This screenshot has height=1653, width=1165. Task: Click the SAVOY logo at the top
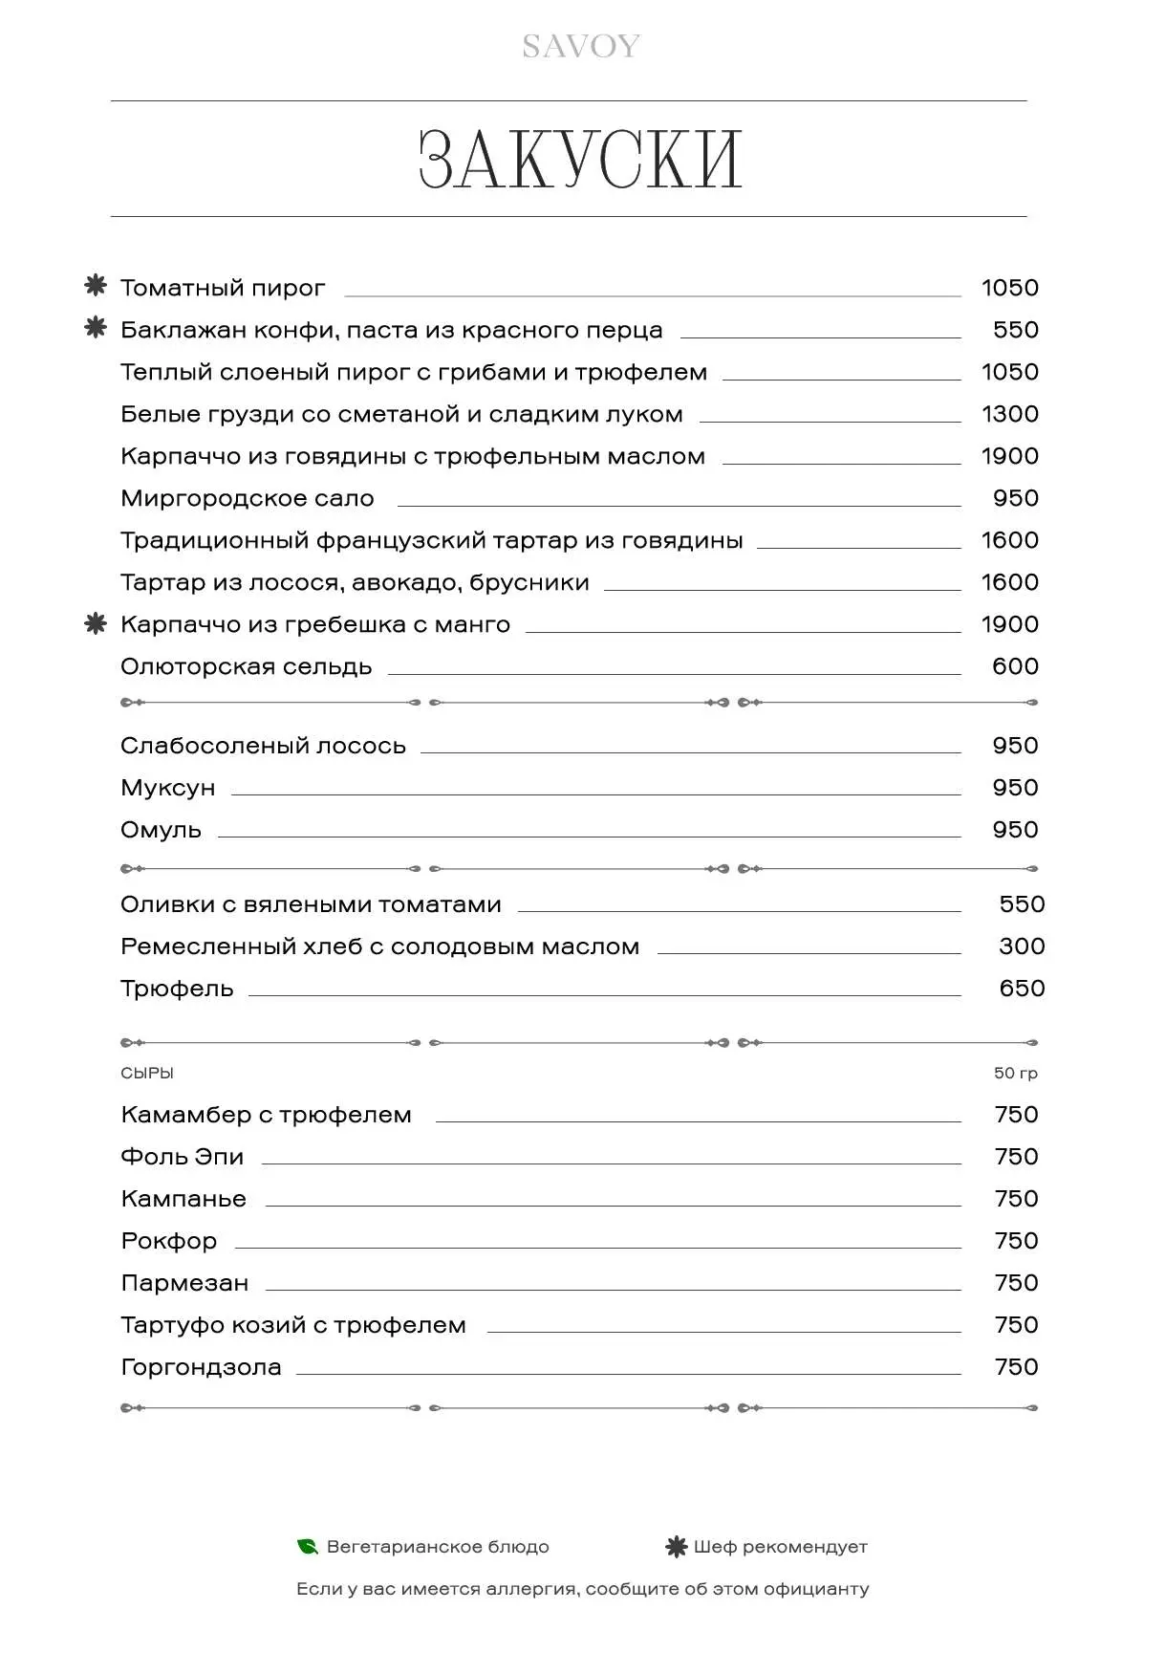[581, 46]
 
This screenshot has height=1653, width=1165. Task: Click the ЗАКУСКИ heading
[581, 160]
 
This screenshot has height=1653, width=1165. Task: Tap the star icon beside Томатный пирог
[96, 286]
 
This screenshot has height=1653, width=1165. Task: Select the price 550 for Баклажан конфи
[1015, 330]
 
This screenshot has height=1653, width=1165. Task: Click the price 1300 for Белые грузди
[1009, 414]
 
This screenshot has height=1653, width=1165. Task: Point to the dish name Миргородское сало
[247, 498]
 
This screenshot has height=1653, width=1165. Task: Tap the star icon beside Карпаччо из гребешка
[96, 623]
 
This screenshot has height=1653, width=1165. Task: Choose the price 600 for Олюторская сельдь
[1015, 666]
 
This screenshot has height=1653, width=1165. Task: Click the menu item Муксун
[168, 788]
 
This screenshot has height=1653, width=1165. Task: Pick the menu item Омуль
[161, 830]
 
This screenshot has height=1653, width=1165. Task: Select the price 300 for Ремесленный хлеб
[1022, 946]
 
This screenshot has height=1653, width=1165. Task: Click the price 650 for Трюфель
[1022, 989]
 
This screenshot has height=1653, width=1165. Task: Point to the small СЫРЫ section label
[147, 1074]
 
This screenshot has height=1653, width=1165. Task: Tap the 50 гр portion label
[1015, 1074]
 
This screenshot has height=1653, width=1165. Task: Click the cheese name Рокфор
[169, 1241]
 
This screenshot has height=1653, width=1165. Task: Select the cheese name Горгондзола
[201, 1367]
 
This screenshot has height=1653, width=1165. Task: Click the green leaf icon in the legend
[307, 1547]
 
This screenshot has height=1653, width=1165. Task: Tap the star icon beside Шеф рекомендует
[676, 1547]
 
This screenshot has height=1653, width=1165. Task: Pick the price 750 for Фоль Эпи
[1016, 1157]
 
